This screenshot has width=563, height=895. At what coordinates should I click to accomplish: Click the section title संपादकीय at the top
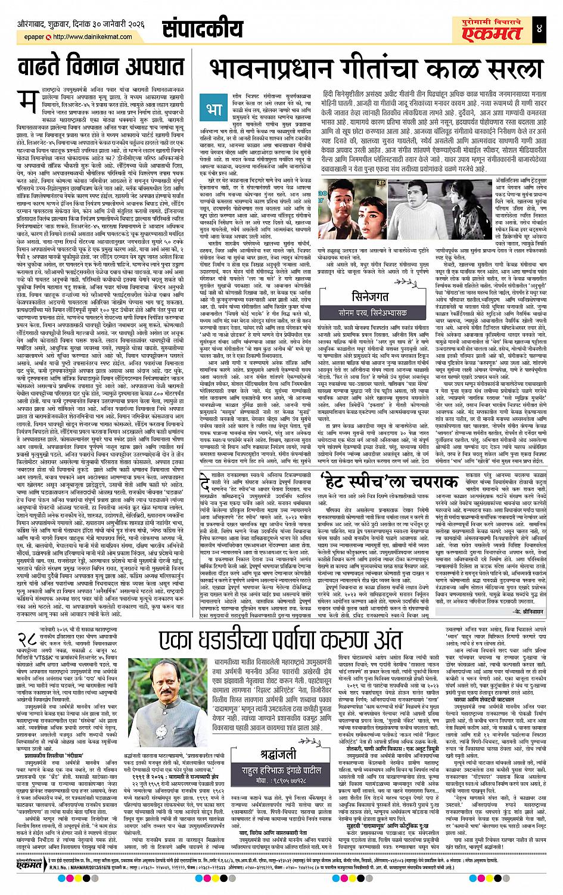tap(194, 28)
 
